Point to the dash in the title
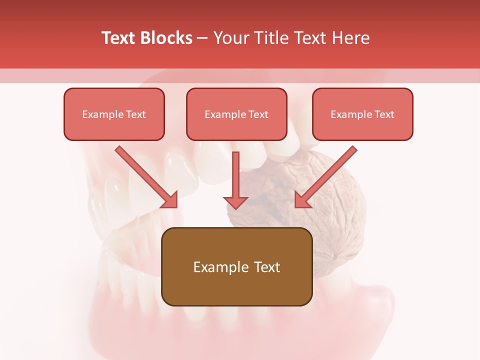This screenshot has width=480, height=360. coord(202,38)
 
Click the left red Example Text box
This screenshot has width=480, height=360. coord(114,114)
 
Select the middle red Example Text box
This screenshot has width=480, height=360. coord(236,114)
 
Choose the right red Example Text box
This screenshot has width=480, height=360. coord(362,114)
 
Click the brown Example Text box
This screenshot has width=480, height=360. coord(236,266)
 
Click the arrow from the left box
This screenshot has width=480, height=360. coord(145,176)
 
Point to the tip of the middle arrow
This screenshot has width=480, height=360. coord(236,207)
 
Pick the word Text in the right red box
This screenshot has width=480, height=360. coord(384,114)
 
